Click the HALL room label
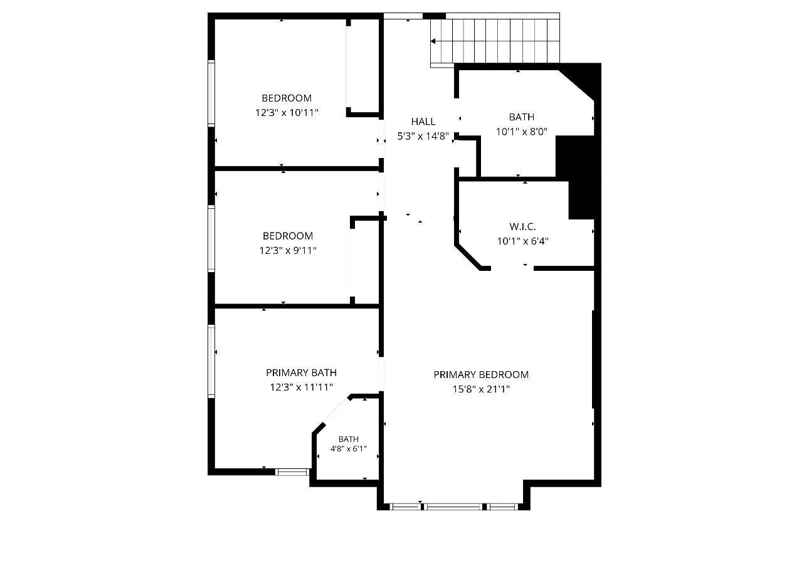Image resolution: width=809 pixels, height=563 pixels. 423,122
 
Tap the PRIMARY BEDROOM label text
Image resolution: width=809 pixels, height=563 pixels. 481,374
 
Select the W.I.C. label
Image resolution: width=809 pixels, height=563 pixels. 522,227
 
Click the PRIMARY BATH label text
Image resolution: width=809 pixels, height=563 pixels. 301,372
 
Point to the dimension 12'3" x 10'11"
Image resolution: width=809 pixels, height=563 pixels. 287,113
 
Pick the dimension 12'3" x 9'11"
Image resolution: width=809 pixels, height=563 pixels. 288,250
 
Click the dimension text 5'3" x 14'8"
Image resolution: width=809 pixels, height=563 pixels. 423,136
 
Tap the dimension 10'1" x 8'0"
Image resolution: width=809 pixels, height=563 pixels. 522,132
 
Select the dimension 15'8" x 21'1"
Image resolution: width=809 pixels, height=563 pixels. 481,389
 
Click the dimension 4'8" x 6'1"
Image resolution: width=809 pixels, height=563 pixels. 349,448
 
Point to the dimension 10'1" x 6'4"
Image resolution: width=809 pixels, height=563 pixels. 522,241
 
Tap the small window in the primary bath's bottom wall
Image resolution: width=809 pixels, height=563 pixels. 292,471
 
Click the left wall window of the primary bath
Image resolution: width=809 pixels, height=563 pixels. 211,360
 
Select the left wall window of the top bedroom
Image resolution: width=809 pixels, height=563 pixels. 211,93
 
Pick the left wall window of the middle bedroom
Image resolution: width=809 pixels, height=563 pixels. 211,238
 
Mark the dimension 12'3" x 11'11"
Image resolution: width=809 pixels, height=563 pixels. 301,387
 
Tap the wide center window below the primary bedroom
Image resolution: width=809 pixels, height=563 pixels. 453,507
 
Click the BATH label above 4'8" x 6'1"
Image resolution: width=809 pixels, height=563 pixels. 349,439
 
